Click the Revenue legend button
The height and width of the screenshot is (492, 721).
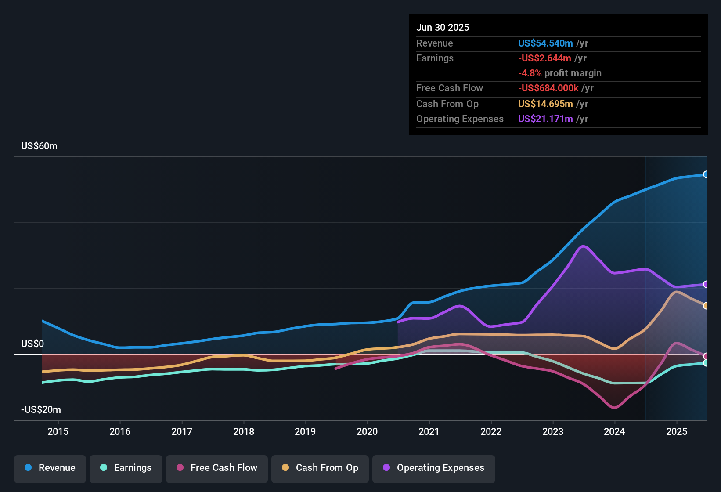coord(50,468)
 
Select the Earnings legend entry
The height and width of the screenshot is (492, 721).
coord(126,468)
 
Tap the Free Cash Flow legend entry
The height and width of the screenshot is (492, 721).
coord(217,468)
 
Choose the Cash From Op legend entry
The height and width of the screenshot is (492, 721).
coord(320,468)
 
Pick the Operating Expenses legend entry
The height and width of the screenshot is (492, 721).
coord(434,468)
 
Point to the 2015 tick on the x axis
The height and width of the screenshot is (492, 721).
coord(58,431)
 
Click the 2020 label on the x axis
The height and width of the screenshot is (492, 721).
coord(367,431)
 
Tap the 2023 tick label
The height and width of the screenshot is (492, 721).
coord(553,431)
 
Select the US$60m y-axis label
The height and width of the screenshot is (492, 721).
coord(39,146)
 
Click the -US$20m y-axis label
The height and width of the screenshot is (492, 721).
coord(41,410)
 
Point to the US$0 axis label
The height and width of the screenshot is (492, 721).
coord(32,344)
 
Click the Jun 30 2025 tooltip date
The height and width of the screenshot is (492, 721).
coord(443,27)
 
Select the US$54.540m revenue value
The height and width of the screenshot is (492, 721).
coord(545,43)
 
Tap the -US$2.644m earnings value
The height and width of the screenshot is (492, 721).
coord(544,58)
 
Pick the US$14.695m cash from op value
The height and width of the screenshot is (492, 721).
coord(545,104)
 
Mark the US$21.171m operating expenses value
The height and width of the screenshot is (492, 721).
coord(545,119)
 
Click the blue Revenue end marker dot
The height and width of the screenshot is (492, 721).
coord(706,174)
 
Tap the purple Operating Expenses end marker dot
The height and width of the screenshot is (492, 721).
coord(706,284)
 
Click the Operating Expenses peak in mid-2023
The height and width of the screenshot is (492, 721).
coord(583,246)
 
